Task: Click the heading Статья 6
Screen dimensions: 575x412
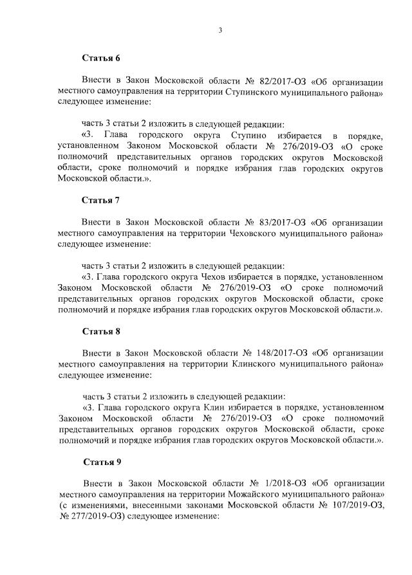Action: [x=101, y=58]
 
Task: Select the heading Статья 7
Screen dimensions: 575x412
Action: [x=101, y=199]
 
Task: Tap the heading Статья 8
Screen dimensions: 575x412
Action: [x=101, y=331]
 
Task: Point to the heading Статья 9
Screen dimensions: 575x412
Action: [x=102, y=462]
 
